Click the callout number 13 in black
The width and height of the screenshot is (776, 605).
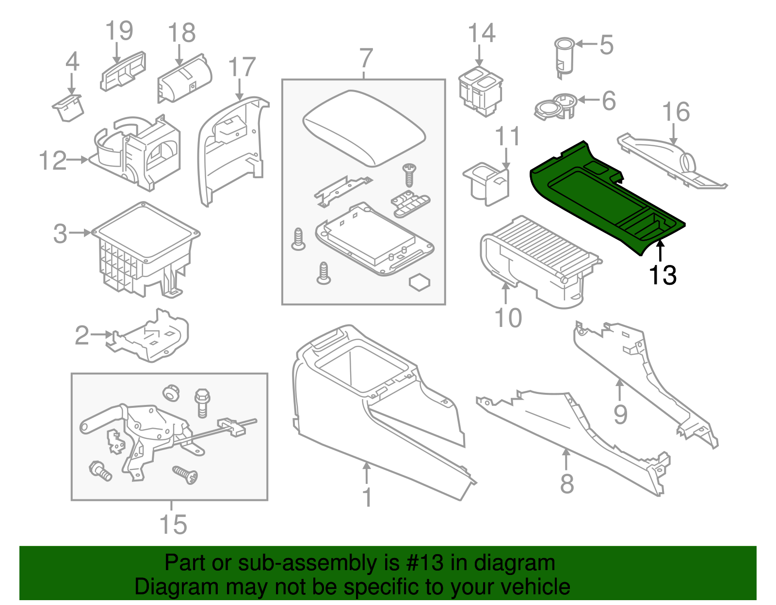tap(662, 275)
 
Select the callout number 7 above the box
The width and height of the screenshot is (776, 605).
tap(366, 59)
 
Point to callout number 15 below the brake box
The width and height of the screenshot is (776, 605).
tap(173, 524)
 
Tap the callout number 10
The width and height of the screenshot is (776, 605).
tap(508, 318)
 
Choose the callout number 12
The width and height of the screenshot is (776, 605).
tap(52, 160)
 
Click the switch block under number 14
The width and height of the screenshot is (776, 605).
tap(481, 92)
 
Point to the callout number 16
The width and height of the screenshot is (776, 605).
tap(676, 112)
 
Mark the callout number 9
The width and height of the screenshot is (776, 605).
tap(620, 414)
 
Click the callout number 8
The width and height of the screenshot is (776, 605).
tap(566, 483)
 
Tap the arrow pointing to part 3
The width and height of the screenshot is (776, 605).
tap(80, 233)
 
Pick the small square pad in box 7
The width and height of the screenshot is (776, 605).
tap(420, 282)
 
